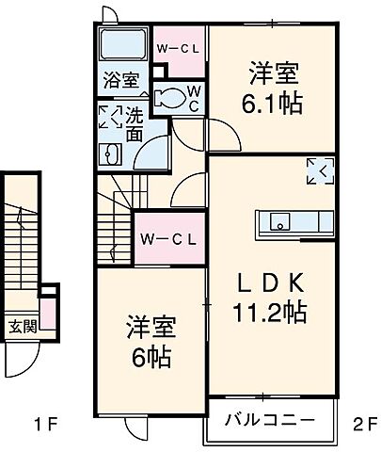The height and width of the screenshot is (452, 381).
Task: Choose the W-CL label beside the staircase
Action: click(169, 239)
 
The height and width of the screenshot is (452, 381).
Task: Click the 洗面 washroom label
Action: click(135, 126)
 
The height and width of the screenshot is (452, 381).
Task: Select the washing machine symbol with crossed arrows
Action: click(110, 118)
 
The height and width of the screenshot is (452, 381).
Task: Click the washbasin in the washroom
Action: click(111, 155)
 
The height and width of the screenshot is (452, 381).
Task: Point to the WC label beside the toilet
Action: click(193, 97)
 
